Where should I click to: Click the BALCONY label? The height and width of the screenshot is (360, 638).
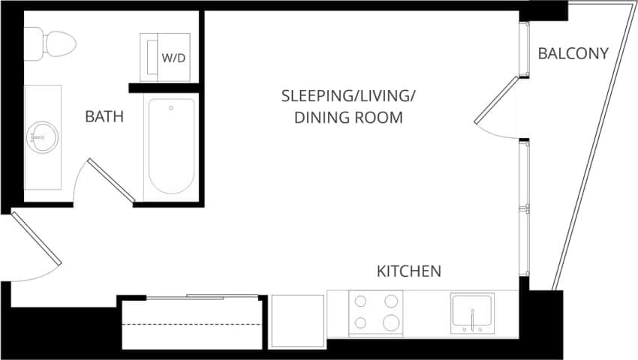(573, 53)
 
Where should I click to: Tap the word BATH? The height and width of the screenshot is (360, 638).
(104, 117)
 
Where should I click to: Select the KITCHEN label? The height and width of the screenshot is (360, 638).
(408, 271)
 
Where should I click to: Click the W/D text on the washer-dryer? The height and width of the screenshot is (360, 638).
(174, 57)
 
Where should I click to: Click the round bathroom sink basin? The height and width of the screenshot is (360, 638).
(41, 137)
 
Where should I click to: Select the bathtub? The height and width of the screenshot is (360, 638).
(172, 145)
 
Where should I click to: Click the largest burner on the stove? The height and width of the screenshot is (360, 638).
(390, 322)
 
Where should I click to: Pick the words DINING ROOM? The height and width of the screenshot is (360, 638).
(348, 118)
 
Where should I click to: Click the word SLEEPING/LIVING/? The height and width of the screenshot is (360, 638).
(348, 96)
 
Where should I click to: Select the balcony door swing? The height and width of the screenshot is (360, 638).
(497, 105)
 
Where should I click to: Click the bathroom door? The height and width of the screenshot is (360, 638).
(110, 180)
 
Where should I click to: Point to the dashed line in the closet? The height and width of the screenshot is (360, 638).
(191, 324)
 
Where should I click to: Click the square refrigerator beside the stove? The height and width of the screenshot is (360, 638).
(296, 322)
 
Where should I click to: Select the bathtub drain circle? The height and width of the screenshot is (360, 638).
(171, 108)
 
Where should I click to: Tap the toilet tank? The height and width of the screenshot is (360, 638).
(34, 44)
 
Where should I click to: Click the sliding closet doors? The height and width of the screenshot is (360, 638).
(191, 297)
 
